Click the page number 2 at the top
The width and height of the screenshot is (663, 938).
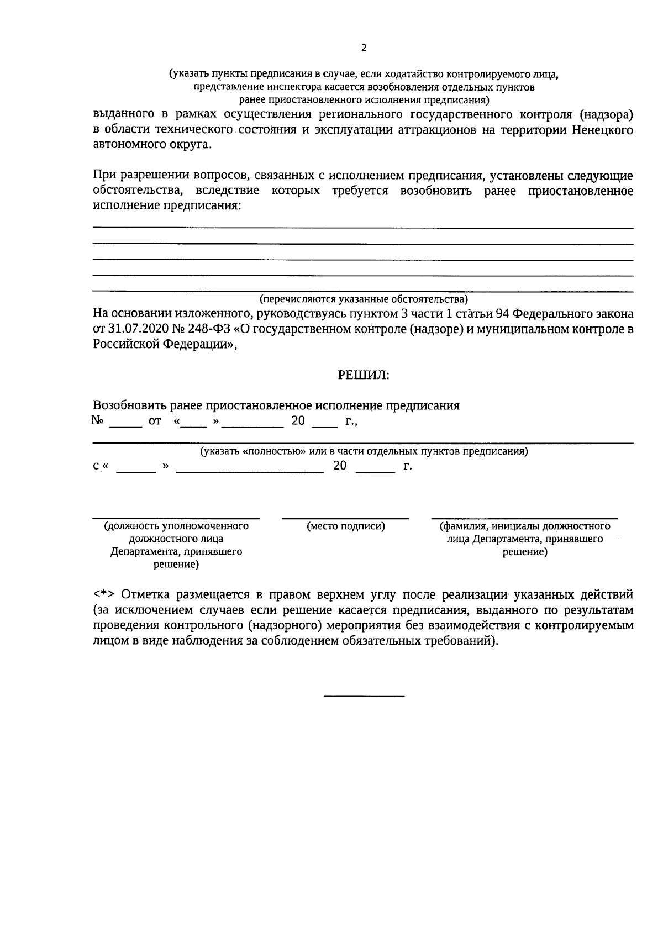pos(364,48)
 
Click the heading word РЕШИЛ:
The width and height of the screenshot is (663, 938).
pos(364,376)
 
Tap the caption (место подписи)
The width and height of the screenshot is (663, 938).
pos(346,526)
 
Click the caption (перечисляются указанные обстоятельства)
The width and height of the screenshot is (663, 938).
pos(364,299)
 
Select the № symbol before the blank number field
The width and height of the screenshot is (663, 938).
pos(98,421)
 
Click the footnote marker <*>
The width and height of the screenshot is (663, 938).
pos(103,595)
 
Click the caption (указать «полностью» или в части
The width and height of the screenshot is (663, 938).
pos(364,451)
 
